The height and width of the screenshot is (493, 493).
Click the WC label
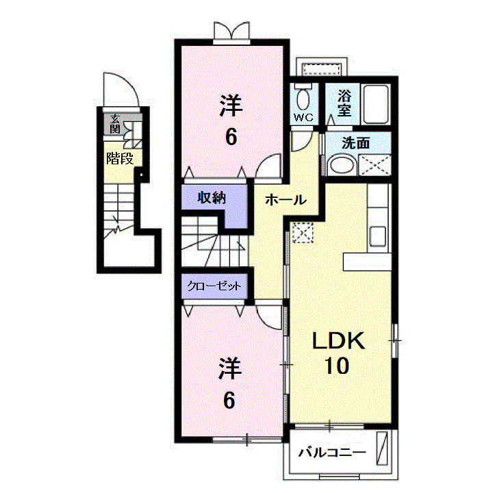(x=303, y=118)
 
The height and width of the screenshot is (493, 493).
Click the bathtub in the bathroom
(x=375, y=104)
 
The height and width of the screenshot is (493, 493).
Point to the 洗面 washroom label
(x=356, y=143)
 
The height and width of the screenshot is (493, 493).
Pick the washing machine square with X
(x=376, y=165)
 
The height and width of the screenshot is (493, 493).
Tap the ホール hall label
(x=285, y=201)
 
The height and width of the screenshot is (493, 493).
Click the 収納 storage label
(x=212, y=199)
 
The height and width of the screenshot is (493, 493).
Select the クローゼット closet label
(x=214, y=286)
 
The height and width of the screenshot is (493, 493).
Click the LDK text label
(x=340, y=340)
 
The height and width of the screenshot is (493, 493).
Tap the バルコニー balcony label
(x=332, y=453)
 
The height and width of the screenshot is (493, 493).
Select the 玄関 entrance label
(x=114, y=124)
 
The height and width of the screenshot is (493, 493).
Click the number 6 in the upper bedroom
(x=231, y=137)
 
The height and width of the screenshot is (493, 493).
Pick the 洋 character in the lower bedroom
(x=231, y=370)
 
